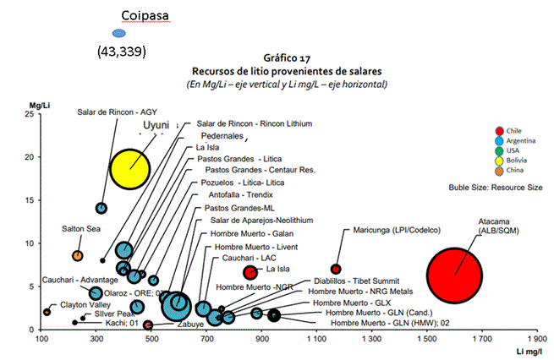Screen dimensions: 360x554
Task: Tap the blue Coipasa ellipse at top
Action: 118,33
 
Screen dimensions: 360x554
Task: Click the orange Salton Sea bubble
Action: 78,256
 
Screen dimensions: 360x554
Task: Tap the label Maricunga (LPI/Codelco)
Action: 398,230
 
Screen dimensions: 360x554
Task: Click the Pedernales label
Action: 222,135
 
